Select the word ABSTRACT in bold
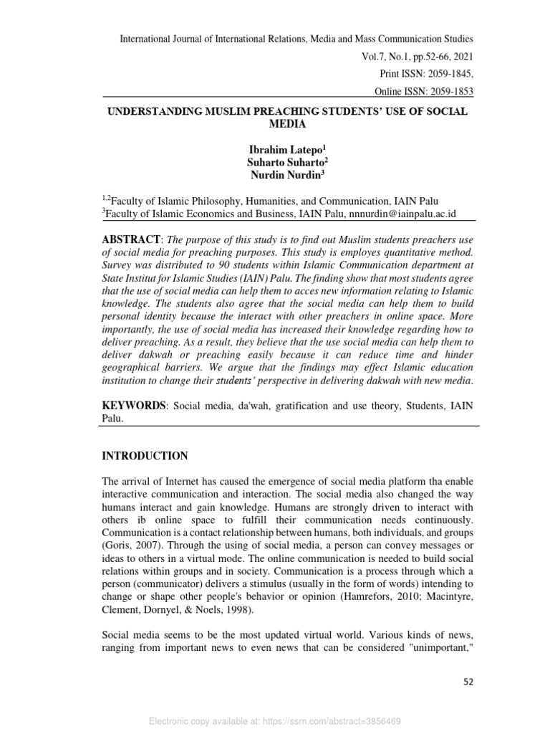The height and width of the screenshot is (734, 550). pos(131,239)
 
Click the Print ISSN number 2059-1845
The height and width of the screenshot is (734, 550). pos(448,74)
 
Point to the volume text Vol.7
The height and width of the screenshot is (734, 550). pos(378,56)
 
